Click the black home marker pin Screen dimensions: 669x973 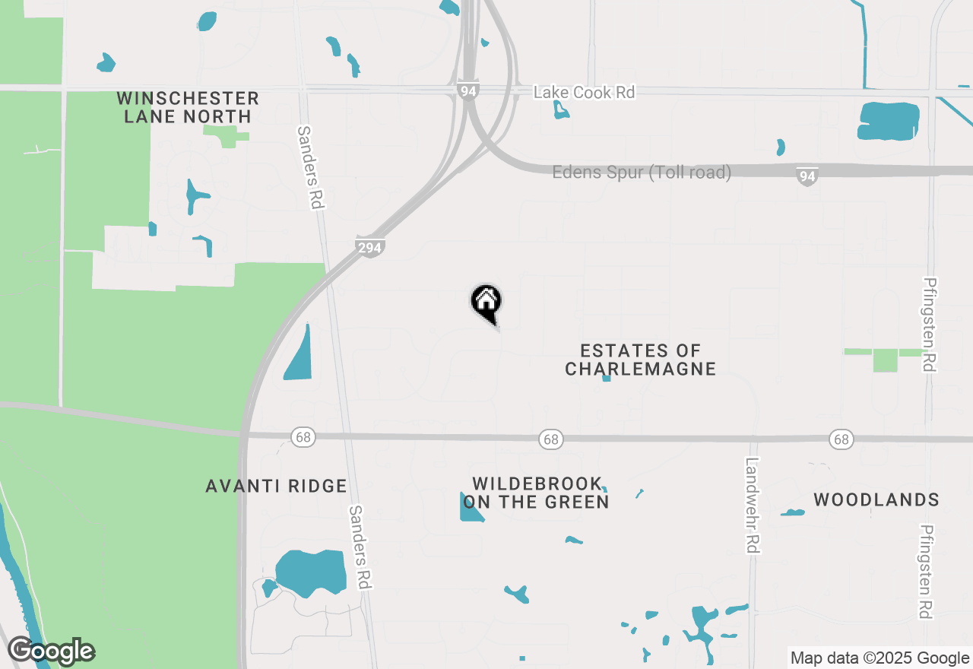pos(486,303)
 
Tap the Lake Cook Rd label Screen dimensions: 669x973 pos(584,92)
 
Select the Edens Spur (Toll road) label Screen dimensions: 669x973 pos(642,173)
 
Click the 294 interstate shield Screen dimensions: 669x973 pos(370,247)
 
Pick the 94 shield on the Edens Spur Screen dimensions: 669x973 pos(807,177)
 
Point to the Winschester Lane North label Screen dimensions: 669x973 pos(188,107)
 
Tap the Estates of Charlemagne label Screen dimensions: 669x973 pos(640,360)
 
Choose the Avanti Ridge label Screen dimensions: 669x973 pos(276,487)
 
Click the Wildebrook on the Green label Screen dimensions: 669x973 pos(537,493)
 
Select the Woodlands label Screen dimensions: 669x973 pos(876,500)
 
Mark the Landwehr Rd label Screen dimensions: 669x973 pos(753,505)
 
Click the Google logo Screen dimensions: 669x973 pos(52,652)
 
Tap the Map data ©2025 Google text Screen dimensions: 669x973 pos(880,658)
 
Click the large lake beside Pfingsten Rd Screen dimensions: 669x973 pos(889,121)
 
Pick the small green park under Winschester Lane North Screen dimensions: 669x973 pos(225,137)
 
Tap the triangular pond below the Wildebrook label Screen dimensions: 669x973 pos(469,509)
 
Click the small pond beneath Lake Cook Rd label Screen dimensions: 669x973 pos(561,110)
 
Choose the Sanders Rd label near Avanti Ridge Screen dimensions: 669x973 pos(360,546)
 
